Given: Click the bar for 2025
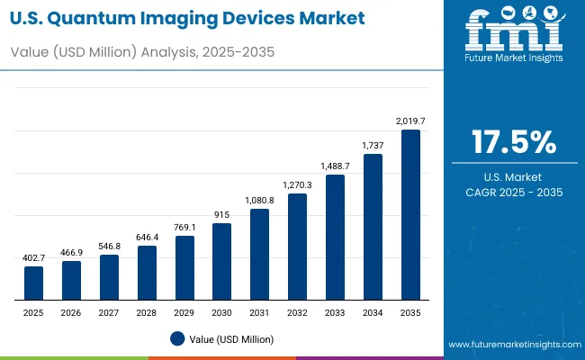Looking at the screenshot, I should click(33, 283).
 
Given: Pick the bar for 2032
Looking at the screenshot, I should click(297, 246).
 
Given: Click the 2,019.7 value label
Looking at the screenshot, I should click(410, 121).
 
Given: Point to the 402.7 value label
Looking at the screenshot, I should click(33, 257).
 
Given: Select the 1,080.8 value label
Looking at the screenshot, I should click(259, 200).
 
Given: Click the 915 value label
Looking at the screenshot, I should click(221, 214).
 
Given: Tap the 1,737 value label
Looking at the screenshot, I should click(373, 145).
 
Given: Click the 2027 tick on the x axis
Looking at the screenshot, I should click(109, 311).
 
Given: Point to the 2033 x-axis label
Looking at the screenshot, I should click(335, 311).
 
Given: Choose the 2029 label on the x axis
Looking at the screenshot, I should click(184, 311).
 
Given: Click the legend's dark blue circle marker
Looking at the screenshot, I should click(176, 338).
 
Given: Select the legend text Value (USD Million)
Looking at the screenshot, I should click(231, 338).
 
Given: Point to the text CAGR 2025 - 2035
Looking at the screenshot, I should click(513, 193).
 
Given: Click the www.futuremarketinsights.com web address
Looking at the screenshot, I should click(510, 345).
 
